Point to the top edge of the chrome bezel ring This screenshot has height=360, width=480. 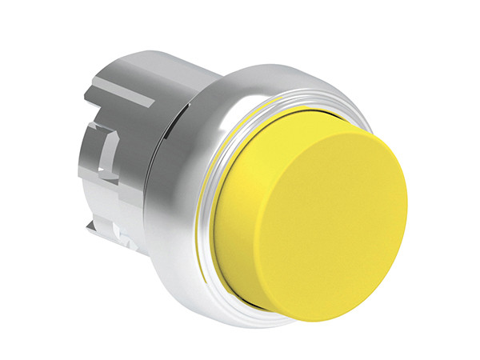[272, 68]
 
